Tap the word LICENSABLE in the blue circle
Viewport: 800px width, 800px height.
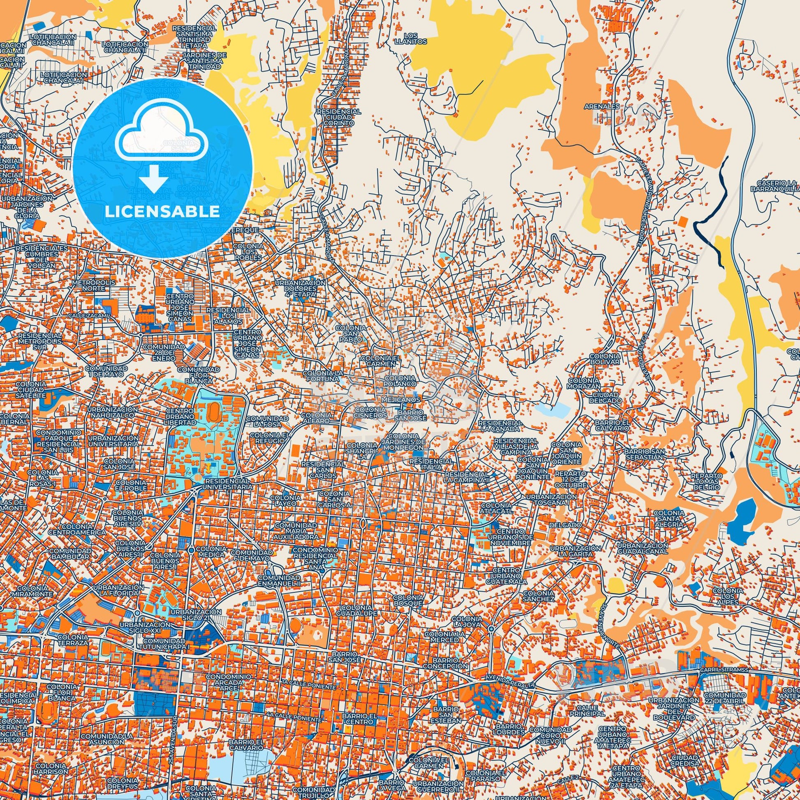click(x=162, y=212)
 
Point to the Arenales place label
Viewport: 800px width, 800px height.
click(x=608, y=106)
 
